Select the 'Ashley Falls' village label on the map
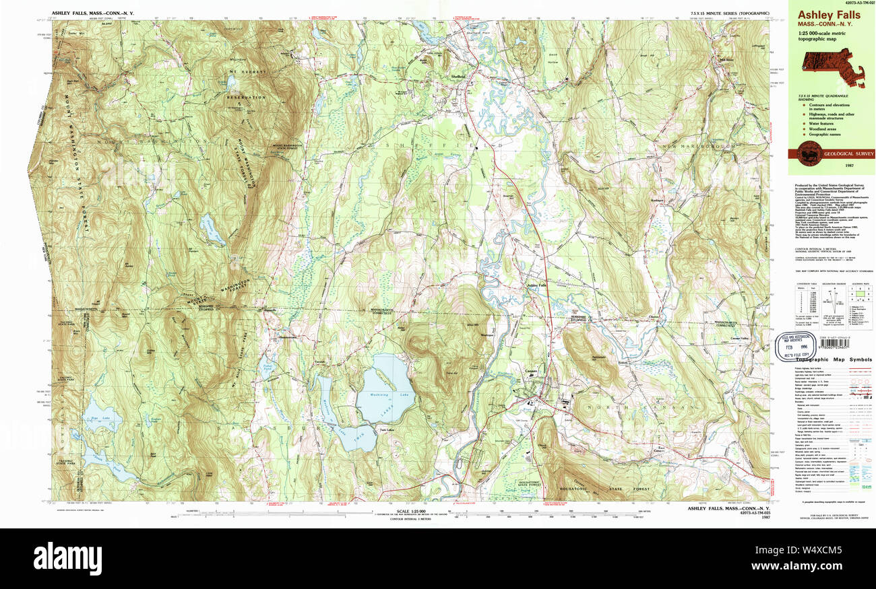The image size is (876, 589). pyautogui.click(x=536, y=285)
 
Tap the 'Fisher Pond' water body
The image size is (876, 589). pyautogui.click(x=265, y=368)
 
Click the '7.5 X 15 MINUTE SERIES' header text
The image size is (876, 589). pyautogui.click(x=716, y=13)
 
